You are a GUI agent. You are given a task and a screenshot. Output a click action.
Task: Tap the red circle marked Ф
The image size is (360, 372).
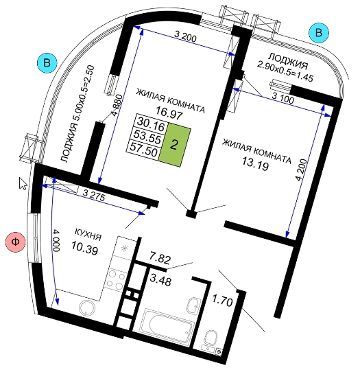(x=16, y=242)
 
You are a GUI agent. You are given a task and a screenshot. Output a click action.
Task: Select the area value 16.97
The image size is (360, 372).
(x=169, y=113)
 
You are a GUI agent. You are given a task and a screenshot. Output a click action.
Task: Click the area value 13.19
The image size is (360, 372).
(x=255, y=163)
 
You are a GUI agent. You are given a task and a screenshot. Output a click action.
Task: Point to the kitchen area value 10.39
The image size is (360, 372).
(x=84, y=248)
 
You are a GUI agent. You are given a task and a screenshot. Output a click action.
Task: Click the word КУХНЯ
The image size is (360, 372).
(x=88, y=235)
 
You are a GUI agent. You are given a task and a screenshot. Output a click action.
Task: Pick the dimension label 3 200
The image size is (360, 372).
(x=185, y=36)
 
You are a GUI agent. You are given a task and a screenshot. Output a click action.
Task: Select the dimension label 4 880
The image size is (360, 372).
(x=117, y=105)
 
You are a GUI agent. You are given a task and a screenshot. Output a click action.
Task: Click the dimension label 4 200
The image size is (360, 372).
(x=302, y=170)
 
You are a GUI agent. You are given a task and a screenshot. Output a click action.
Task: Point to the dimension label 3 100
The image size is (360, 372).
(x=283, y=98)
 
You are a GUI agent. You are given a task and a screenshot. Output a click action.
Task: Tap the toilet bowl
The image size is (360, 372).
(x=210, y=338)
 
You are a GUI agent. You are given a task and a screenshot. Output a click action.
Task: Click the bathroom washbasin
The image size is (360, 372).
(x=194, y=306)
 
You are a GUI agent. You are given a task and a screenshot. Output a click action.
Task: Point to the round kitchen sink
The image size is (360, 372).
(x=87, y=308)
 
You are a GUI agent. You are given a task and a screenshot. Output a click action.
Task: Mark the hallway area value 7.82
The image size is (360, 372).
(x=160, y=257)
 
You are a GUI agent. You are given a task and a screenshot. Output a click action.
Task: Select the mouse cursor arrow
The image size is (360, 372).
(x=23, y=183)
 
